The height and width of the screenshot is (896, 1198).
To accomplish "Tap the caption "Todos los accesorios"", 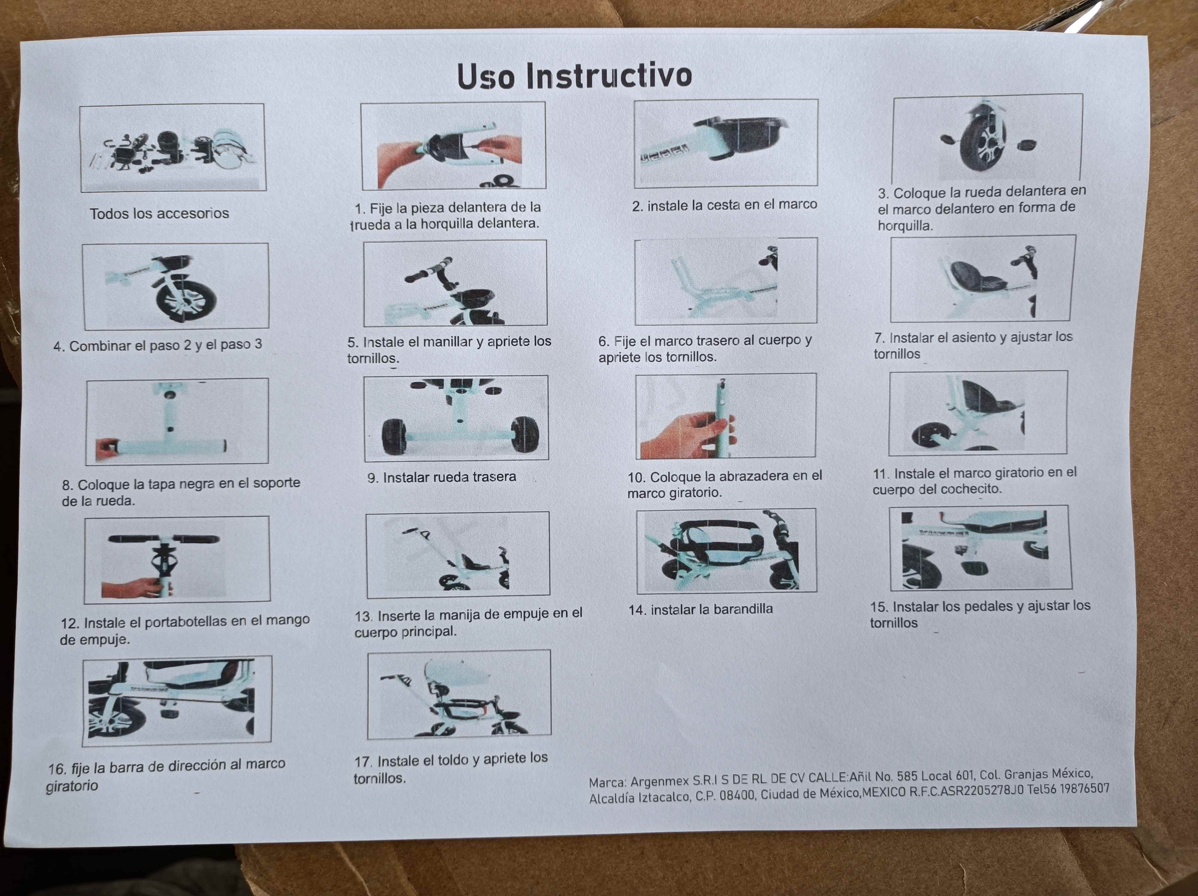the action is (159, 213).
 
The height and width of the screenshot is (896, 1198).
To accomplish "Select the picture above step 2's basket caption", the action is (726, 143).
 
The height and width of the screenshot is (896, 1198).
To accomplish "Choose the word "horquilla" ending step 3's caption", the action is (905, 225).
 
